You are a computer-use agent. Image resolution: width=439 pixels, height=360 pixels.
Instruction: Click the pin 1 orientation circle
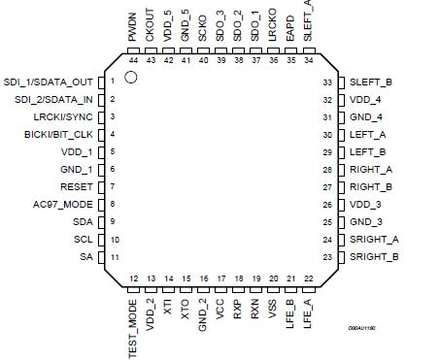(x=130, y=76)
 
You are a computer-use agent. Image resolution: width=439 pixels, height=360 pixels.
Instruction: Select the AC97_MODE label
(x=62, y=204)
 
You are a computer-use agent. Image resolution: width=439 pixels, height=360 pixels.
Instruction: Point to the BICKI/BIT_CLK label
(x=55, y=134)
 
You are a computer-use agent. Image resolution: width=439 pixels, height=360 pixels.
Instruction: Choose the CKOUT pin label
(x=150, y=21)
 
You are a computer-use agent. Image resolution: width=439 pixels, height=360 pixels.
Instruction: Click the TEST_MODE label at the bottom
(x=132, y=329)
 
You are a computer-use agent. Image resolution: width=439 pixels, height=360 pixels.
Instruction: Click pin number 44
(x=132, y=60)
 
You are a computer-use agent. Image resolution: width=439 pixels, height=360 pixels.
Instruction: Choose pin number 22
(x=308, y=278)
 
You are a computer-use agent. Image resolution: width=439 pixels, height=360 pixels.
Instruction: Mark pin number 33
(x=327, y=82)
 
